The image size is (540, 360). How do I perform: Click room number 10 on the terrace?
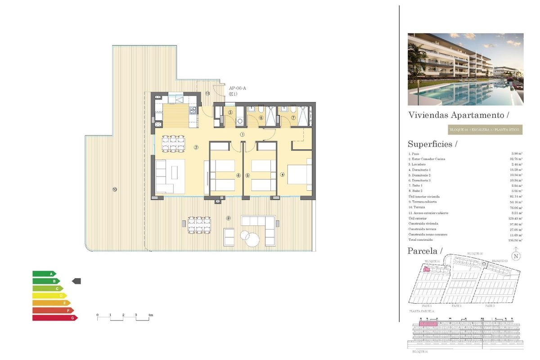pyautogui.click(x=115, y=189)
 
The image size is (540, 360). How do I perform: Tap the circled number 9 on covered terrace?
pyautogui.click(x=229, y=218)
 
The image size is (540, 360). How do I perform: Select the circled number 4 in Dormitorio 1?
pyautogui.click(x=283, y=175)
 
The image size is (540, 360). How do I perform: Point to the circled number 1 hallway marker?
pyautogui.click(x=242, y=134)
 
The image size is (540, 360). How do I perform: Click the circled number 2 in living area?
pyautogui.click(x=196, y=147)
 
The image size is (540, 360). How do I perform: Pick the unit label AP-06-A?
pyautogui.click(x=237, y=89)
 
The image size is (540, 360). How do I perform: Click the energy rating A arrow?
pyautogui.click(x=44, y=274)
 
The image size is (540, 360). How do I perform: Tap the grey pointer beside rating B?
pyautogui.click(x=76, y=281)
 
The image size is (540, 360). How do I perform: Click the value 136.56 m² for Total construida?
pyautogui.click(x=515, y=240)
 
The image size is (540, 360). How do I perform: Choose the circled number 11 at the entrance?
pyautogui.click(x=207, y=94)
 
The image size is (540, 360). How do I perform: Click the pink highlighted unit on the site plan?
pyautogui.click(x=426, y=270)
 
